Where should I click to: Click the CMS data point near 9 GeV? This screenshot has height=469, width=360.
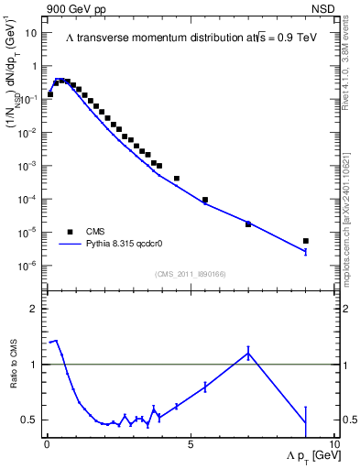[306, 241]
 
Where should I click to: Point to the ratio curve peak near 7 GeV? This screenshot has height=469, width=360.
[248, 353]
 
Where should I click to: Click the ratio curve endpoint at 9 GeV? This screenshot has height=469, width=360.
[306, 422]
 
